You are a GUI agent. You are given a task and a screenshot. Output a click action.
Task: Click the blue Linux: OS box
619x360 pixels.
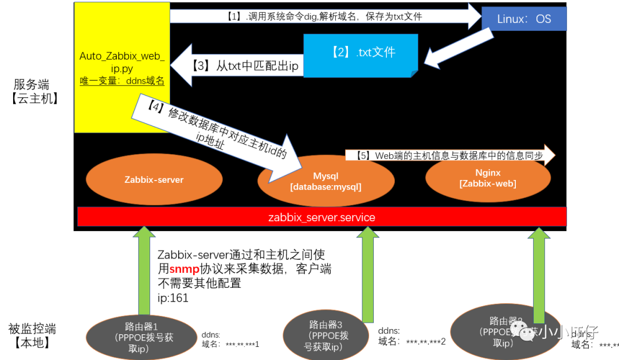(x=524, y=19)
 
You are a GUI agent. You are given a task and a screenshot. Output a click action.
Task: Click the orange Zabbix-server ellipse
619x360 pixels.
(x=154, y=180)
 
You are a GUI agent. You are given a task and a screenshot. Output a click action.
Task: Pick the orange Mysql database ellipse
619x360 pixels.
(x=326, y=181)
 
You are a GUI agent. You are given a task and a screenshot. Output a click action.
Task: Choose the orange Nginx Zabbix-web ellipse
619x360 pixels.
(x=488, y=178)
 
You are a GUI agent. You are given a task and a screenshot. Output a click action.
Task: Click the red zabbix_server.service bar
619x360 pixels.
(x=322, y=217)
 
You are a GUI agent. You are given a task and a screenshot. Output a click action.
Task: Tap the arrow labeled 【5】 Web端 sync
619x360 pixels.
(x=450, y=155)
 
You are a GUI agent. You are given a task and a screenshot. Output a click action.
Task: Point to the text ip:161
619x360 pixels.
(x=173, y=299)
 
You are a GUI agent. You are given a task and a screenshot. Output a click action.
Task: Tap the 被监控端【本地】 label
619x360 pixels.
(x=32, y=336)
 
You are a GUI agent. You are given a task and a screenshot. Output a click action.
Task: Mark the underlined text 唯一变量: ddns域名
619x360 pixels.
(x=122, y=81)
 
